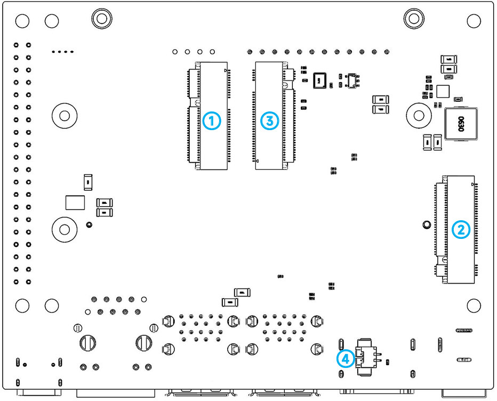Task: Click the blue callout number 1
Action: point(212,121)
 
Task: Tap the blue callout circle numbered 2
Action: point(461,230)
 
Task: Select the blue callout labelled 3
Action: point(270,121)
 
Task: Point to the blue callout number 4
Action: point(346,358)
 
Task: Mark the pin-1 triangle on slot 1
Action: point(227,70)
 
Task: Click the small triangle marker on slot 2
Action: point(474,185)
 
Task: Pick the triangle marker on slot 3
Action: point(258,161)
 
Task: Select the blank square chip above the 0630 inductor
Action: point(444,91)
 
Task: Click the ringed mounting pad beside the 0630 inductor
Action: point(419,114)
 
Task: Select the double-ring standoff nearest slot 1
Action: point(101,18)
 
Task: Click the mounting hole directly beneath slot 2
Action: point(474,305)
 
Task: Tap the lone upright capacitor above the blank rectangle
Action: point(88,182)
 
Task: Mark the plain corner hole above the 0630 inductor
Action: point(474,21)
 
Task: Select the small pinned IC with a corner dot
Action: point(351,81)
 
